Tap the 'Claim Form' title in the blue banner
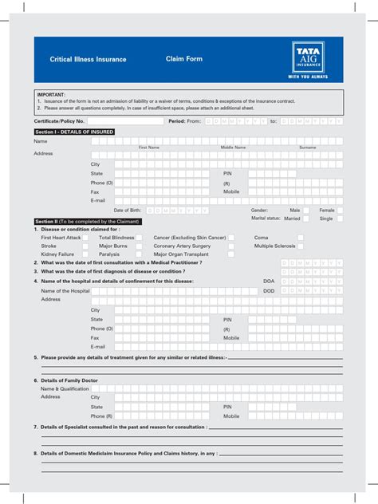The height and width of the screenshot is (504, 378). (x=184, y=59)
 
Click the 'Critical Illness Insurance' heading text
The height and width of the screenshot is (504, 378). (x=88, y=60)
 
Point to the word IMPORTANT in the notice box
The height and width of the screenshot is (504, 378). (x=51, y=94)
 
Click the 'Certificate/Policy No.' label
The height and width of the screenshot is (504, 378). (x=59, y=121)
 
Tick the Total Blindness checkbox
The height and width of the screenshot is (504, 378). (x=139, y=238)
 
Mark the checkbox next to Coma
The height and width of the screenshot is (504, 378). (x=301, y=238)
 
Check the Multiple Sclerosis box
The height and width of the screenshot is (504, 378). (x=301, y=246)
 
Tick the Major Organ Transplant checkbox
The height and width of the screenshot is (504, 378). (x=231, y=254)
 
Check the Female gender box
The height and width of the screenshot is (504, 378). (x=341, y=211)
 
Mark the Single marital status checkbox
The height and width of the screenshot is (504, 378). (x=341, y=219)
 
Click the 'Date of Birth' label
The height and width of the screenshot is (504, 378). (x=128, y=211)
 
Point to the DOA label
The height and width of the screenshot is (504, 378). (x=269, y=282)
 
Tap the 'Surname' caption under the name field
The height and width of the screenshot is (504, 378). (x=307, y=148)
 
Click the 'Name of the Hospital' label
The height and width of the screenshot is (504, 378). (x=65, y=291)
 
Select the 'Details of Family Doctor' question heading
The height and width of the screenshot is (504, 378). (x=69, y=380)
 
